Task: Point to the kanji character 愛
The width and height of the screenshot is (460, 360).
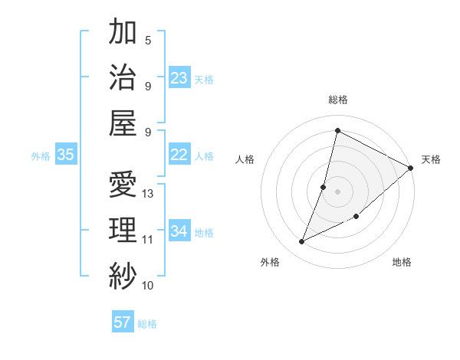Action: [x=123, y=184]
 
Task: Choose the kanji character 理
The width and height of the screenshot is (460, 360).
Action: [x=123, y=229]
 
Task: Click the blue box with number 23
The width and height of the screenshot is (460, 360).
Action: [x=179, y=77]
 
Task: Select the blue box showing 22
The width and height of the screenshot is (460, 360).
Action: [x=179, y=155]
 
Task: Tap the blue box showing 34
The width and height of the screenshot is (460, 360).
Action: [x=179, y=231]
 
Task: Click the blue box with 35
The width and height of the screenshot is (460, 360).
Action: [x=65, y=155]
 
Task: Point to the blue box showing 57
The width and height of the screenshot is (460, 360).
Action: [x=123, y=322]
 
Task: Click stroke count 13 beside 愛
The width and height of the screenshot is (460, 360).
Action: [x=149, y=194]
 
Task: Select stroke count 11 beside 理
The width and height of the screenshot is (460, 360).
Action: [x=148, y=240]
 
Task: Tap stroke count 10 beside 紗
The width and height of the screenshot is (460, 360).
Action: [x=148, y=286]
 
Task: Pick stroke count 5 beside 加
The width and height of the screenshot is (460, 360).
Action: [x=148, y=41]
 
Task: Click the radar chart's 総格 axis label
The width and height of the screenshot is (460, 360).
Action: [x=338, y=100]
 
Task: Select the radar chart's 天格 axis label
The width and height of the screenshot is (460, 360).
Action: [x=431, y=159]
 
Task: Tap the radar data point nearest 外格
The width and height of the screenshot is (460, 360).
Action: [x=302, y=242]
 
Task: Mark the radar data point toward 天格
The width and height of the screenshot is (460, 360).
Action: [x=411, y=168]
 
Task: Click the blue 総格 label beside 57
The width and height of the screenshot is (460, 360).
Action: [x=147, y=324]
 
